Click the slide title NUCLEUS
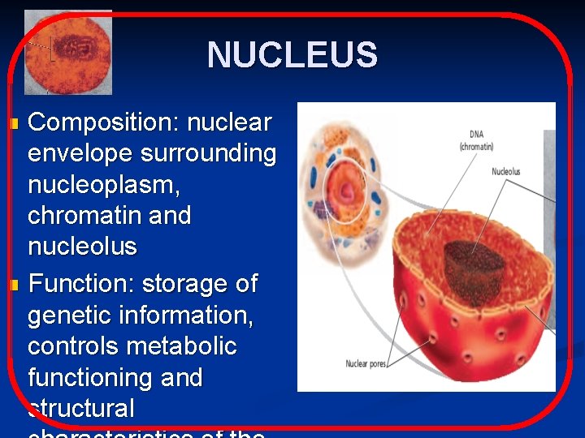coord(292,55)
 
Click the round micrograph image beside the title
coord(68,53)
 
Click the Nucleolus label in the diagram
coord(505,172)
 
